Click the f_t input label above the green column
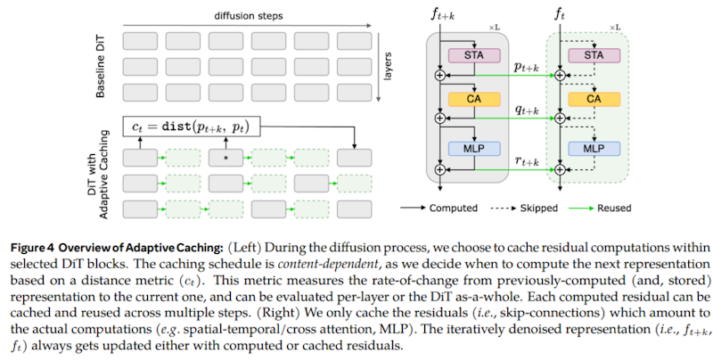tap(561, 13)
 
